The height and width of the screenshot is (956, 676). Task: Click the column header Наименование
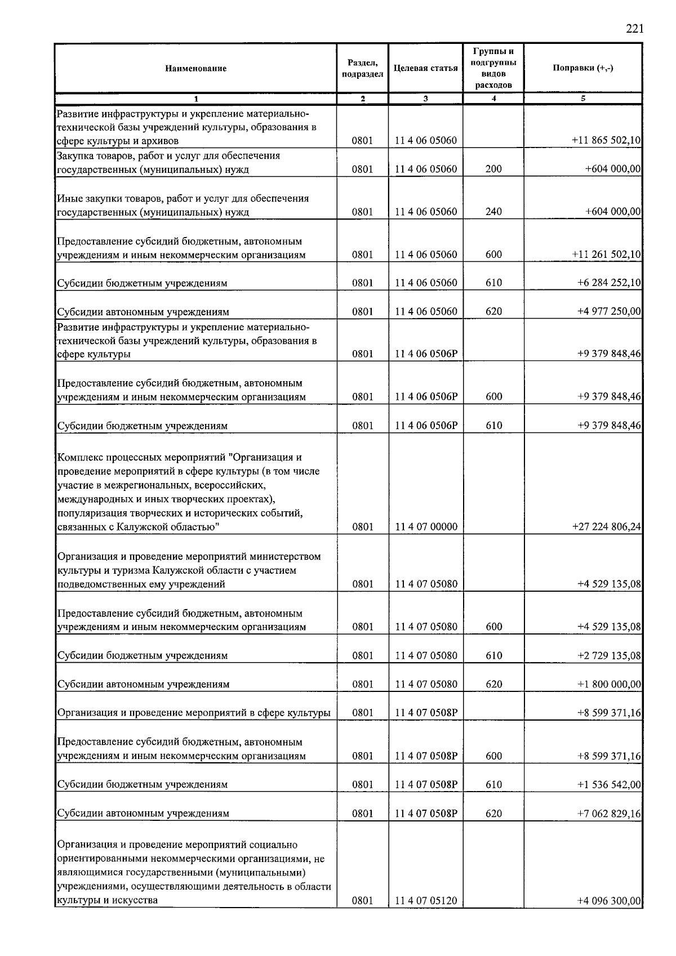(x=195, y=68)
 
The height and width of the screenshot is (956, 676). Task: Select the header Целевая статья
(x=425, y=68)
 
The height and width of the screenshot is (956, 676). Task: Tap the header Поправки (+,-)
(x=582, y=68)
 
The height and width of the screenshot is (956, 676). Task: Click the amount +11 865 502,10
(x=606, y=141)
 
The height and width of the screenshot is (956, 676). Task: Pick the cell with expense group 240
(x=493, y=212)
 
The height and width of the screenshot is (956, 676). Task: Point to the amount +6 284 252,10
(x=609, y=283)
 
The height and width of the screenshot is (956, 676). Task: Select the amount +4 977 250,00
(x=609, y=311)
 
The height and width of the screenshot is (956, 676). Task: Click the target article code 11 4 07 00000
(x=426, y=527)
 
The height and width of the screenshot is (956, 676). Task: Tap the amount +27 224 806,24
(x=606, y=527)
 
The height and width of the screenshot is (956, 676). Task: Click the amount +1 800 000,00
(x=609, y=684)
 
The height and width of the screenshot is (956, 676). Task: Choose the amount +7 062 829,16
(x=609, y=813)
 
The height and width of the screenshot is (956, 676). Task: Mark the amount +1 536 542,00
(x=609, y=784)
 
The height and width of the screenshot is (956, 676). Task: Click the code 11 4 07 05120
(x=426, y=900)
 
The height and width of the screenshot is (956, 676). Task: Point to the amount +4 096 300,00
(x=609, y=900)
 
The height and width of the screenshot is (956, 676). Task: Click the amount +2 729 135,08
(x=609, y=655)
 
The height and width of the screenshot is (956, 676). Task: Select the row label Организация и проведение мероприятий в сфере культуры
(x=194, y=713)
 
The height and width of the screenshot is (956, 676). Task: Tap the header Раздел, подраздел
(x=362, y=68)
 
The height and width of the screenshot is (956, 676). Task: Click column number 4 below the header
(x=493, y=99)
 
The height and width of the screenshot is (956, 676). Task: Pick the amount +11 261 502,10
(x=606, y=254)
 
